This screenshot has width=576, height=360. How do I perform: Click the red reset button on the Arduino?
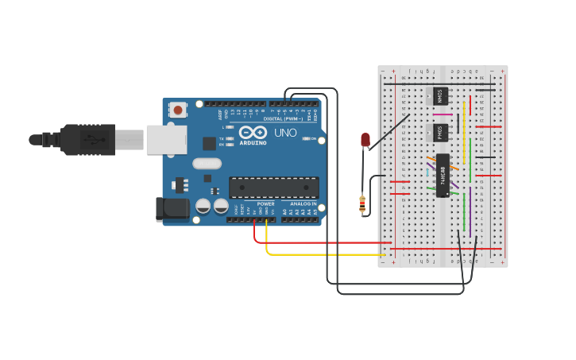(178, 110)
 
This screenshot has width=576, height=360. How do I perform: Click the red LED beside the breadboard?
(365, 140)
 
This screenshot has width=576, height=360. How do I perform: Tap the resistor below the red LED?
(363, 203)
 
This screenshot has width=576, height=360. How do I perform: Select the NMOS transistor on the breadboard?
(439, 96)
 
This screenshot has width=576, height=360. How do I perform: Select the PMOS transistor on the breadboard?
(439, 133)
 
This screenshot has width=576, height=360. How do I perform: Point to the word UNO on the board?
(285, 133)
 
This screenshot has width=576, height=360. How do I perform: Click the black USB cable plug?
(88, 139)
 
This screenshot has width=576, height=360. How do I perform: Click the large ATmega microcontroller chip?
(274, 188)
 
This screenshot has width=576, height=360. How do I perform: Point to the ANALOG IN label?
(302, 204)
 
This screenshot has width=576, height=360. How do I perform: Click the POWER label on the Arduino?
(265, 204)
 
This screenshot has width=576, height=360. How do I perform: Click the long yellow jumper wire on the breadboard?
(464, 131)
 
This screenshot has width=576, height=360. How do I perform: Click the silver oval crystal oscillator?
(207, 164)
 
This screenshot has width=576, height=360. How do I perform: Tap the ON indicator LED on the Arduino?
(307, 139)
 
